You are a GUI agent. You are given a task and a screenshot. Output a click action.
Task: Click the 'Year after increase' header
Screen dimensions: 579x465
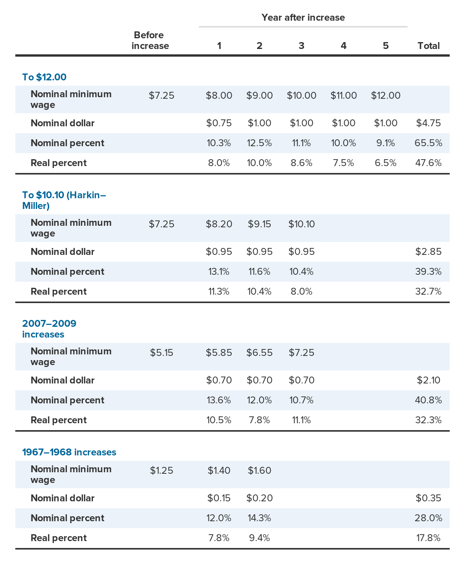303,18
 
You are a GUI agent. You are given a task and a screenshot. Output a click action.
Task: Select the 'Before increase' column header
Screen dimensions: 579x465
150,41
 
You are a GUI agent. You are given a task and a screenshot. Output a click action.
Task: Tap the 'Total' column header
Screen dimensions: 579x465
428,46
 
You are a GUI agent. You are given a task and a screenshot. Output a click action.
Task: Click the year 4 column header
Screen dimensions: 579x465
343,46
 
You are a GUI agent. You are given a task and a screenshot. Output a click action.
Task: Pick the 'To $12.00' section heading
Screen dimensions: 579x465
44,77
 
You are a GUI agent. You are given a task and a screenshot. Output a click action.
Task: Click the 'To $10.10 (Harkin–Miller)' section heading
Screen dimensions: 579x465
64,201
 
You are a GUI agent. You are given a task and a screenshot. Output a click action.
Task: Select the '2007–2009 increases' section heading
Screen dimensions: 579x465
49,329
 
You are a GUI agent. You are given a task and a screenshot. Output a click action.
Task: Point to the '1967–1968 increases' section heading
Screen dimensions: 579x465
69,452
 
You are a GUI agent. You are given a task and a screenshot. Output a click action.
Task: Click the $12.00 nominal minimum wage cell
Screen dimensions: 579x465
385,96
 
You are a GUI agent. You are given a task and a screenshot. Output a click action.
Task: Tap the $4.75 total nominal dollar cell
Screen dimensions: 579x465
428,123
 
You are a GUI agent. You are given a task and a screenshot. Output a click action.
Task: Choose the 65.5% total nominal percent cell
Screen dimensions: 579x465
428,143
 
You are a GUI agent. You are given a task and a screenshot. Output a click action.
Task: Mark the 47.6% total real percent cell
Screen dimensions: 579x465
428,163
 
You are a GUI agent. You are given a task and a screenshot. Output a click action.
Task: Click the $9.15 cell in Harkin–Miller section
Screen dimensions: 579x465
259,224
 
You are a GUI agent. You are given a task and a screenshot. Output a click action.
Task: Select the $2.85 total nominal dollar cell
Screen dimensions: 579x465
428,252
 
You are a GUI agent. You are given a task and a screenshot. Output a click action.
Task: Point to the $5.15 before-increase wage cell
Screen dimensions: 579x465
161,353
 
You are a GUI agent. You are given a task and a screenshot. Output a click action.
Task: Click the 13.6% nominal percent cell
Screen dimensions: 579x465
219,400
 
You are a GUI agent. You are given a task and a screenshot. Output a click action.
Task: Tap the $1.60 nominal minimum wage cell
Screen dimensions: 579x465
259,471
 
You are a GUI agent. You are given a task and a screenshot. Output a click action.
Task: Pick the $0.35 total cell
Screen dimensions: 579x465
428,498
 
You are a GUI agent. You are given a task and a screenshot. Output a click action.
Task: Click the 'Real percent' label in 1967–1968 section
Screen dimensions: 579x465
59,538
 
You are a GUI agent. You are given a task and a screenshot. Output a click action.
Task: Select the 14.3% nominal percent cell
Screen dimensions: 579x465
259,518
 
